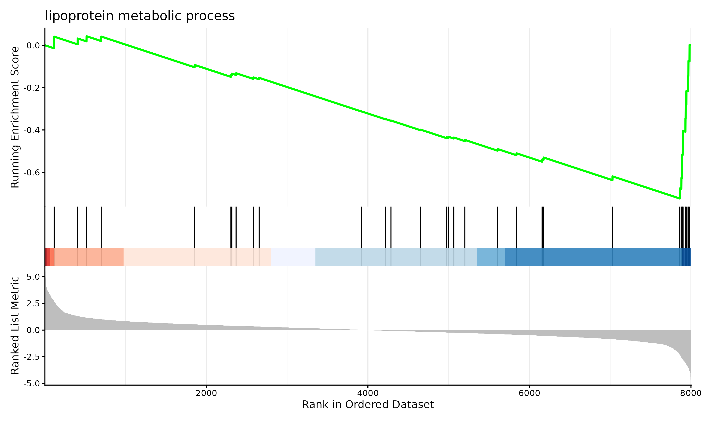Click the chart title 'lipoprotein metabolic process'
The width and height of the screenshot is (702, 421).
pos(140,16)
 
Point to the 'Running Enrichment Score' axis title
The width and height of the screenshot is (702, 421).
pos(15,117)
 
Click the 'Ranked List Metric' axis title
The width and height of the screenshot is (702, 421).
pos(15,325)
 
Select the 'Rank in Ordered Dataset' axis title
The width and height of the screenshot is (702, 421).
pos(368,405)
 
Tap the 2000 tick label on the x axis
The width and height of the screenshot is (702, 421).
pos(206,393)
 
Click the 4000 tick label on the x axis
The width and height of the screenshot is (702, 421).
pos(368,393)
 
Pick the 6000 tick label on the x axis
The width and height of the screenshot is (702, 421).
pos(529,393)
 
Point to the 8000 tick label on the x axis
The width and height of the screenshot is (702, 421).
pos(690,393)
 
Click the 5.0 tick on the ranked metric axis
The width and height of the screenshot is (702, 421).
pos(33,277)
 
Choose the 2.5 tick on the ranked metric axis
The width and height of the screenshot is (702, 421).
pos(33,304)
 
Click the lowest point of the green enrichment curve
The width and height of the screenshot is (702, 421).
pos(680,198)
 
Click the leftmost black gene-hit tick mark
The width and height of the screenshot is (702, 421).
pos(54,227)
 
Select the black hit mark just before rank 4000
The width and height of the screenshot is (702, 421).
pos(362,227)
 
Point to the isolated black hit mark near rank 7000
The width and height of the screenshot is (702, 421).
pos(612,227)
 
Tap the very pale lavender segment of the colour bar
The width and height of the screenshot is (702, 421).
pos(293,257)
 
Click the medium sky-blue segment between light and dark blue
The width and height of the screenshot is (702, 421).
pos(491,257)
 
